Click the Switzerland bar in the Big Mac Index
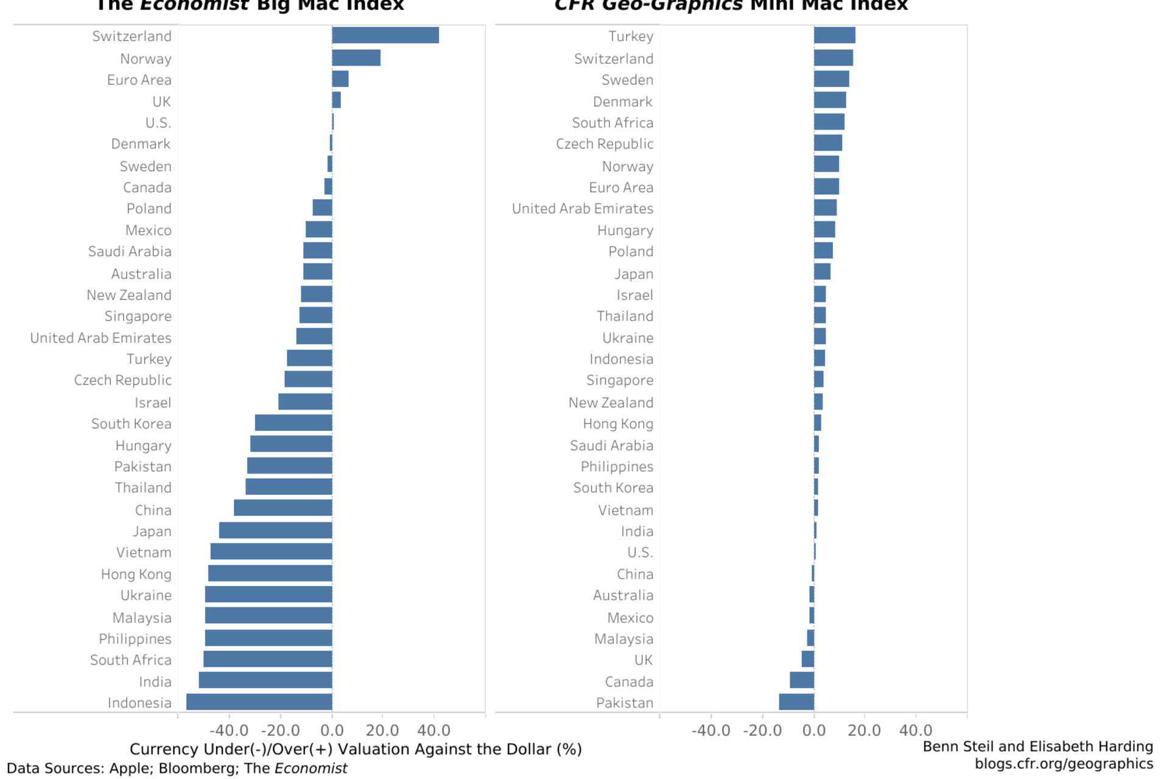pyautogui.click(x=385, y=35)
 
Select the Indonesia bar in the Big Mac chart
pyautogui.click(x=259, y=702)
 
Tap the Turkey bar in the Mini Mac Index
pyautogui.click(x=834, y=35)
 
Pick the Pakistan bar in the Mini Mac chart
pyautogui.click(x=796, y=702)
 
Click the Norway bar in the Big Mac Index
pyautogui.click(x=356, y=58)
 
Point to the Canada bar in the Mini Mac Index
pyautogui.click(x=802, y=680)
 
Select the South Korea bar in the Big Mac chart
pyautogui.click(x=293, y=423)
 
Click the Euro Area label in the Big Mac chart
pyautogui.click(x=139, y=80)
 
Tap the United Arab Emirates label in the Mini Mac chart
pyautogui.click(x=582, y=208)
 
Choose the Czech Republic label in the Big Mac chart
pyautogui.click(x=122, y=380)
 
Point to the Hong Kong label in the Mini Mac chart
pyautogui.click(x=617, y=423)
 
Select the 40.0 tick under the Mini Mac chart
pyautogui.click(x=915, y=730)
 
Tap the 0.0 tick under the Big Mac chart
pyautogui.click(x=332, y=730)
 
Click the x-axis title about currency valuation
pyautogui.click(x=356, y=749)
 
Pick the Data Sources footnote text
pyautogui.click(x=177, y=768)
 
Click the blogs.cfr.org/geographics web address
pyautogui.click(x=1064, y=763)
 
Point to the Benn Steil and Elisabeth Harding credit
pyautogui.click(x=1037, y=746)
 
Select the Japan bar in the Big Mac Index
pyautogui.click(x=276, y=530)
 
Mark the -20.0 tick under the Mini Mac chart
pyautogui.click(x=762, y=730)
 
